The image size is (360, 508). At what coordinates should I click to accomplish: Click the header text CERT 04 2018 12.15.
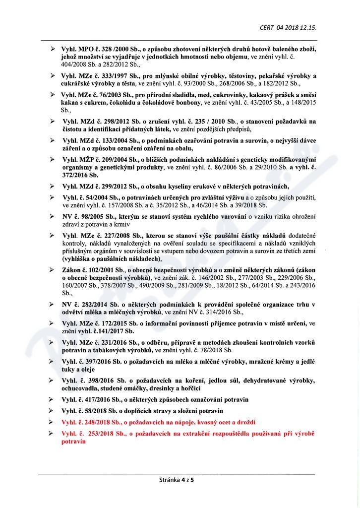(288, 27)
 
